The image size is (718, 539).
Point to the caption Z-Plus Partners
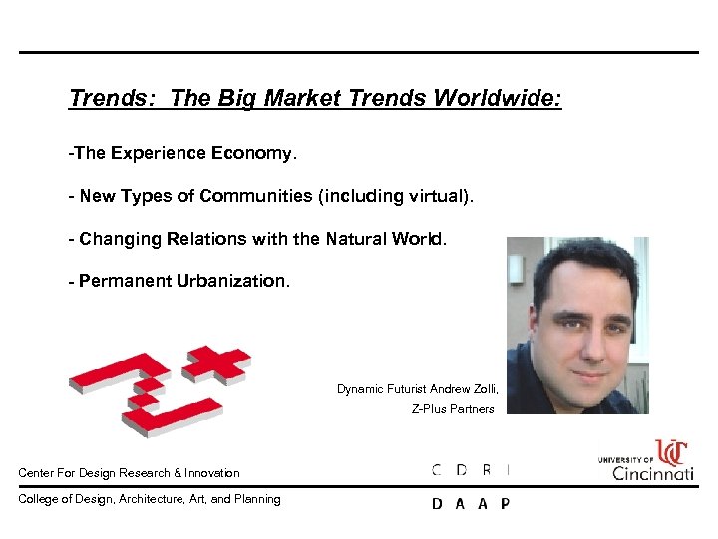(x=453, y=409)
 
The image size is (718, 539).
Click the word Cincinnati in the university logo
(x=654, y=473)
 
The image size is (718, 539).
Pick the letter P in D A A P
(x=505, y=504)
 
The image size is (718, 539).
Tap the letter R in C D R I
(x=485, y=469)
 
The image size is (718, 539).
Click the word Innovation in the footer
(x=212, y=473)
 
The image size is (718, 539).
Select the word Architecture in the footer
(x=140, y=499)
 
